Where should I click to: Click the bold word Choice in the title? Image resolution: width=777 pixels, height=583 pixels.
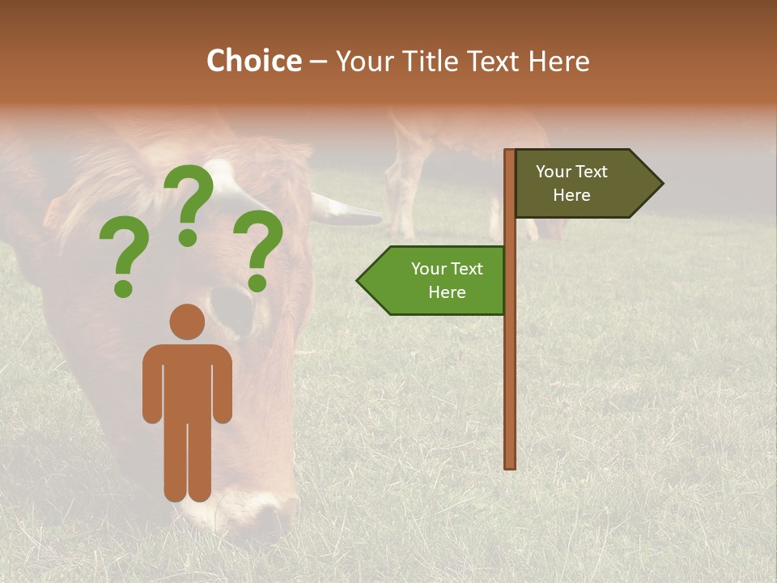coord(253,61)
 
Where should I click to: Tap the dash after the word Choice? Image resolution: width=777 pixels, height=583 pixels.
coord(318,62)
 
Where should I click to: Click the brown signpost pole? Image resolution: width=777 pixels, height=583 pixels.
coord(510,364)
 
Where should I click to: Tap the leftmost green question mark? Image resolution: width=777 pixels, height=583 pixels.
coord(123,251)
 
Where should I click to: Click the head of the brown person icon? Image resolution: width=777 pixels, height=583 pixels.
coord(187,321)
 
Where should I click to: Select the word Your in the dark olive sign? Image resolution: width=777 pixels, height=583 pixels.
coord(553,172)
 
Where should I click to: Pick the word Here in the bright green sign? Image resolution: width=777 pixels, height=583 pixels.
coord(447,292)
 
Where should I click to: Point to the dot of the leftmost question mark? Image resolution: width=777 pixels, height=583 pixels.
coord(123,287)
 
